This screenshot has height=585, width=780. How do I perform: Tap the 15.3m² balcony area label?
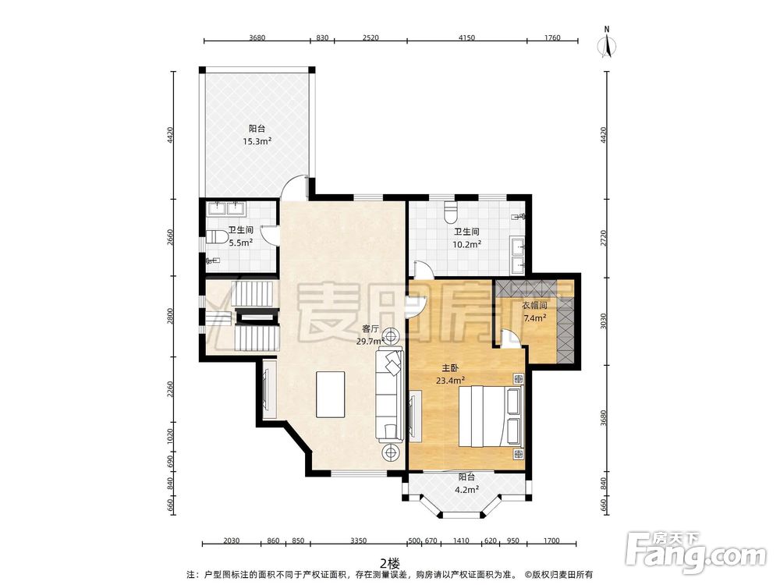point(257,141)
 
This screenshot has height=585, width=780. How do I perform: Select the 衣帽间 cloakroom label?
point(534,306)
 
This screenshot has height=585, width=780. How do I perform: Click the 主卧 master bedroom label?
point(450,368)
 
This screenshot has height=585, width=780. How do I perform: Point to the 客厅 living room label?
point(370,329)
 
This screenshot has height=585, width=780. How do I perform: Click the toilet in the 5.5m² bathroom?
point(214,237)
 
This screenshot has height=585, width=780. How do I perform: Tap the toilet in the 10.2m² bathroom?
point(451,211)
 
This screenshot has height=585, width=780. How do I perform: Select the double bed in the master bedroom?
point(491,417)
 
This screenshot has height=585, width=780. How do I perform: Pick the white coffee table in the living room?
point(331,395)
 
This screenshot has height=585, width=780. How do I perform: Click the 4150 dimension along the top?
point(466,37)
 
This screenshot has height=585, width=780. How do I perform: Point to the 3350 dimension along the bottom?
point(358,541)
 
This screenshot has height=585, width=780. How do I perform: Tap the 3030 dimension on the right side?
point(604,321)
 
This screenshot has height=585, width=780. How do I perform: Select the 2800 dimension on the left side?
point(171,317)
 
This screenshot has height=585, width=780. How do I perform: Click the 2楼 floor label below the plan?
point(389,564)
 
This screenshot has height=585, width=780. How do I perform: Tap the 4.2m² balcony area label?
point(466,490)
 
